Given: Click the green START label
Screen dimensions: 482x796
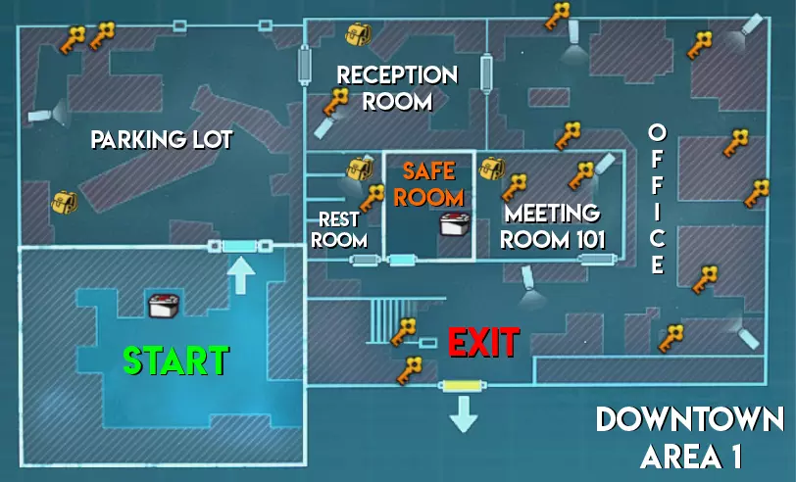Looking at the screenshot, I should pyautogui.click(x=175, y=361).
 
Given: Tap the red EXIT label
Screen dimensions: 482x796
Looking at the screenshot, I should pyautogui.click(x=483, y=343).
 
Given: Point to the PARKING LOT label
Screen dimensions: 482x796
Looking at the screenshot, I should pyautogui.click(x=162, y=140).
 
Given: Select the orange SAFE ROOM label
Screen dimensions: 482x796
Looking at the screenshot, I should pyautogui.click(x=429, y=182).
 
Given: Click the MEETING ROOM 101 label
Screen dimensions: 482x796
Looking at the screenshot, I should pyautogui.click(x=553, y=225).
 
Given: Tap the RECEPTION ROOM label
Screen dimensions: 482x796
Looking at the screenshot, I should pyautogui.click(x=397, y=87).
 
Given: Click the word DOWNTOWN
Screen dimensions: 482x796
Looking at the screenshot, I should pyautogui.click(x=690, y=420).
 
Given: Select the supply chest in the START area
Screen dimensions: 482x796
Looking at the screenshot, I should pyautogui.click(x=165, y=305).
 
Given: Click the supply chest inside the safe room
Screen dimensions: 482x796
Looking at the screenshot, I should pyautogui.click(x=454, y=224).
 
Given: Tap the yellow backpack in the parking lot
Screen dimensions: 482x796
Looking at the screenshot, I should pyautogui.click(x=64, y=203).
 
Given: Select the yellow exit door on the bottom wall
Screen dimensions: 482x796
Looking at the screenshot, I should pyautogui.click(x=460, y=386).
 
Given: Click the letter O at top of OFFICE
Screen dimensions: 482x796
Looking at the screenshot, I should pyautogui.click(x=658, y=131).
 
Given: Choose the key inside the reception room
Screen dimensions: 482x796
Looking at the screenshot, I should pyautogui.click(x=336, y=100).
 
